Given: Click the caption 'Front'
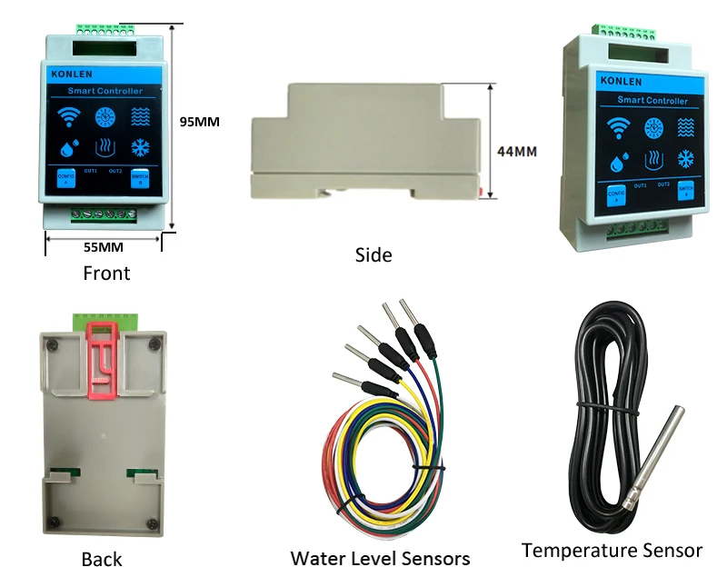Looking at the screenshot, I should point(106,273).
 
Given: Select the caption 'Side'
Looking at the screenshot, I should point(373,255).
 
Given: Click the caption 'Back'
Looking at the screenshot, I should point(101,560).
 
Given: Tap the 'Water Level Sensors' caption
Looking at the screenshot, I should point(380,557).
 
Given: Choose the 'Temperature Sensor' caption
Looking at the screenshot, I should point(612,550).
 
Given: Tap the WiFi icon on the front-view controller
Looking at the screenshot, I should point(67,116).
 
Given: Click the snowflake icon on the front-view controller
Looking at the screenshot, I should point(140,147).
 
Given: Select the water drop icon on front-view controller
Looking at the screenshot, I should point(68,147).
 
